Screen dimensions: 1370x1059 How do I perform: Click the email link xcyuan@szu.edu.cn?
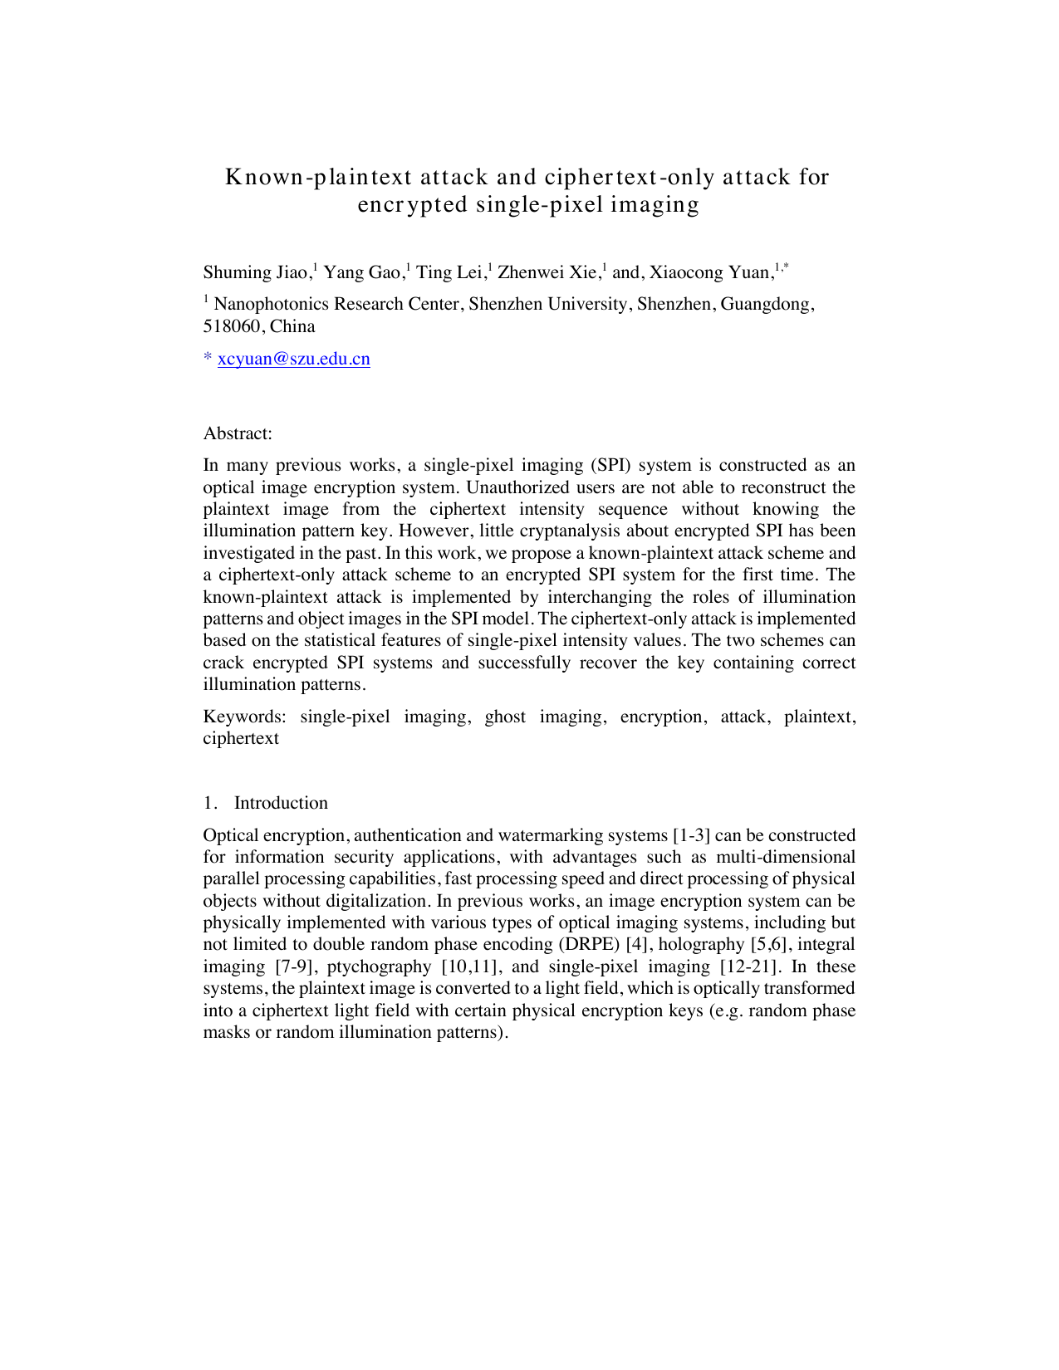coord(293,360)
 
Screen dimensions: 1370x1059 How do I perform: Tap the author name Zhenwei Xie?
coord(547,272)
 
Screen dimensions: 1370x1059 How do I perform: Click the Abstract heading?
coord(238,433)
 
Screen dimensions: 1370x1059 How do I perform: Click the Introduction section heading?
coord(281,803)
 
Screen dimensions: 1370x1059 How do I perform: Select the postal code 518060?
coord(232,326)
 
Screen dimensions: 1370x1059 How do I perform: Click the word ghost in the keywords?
coord(505,717)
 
